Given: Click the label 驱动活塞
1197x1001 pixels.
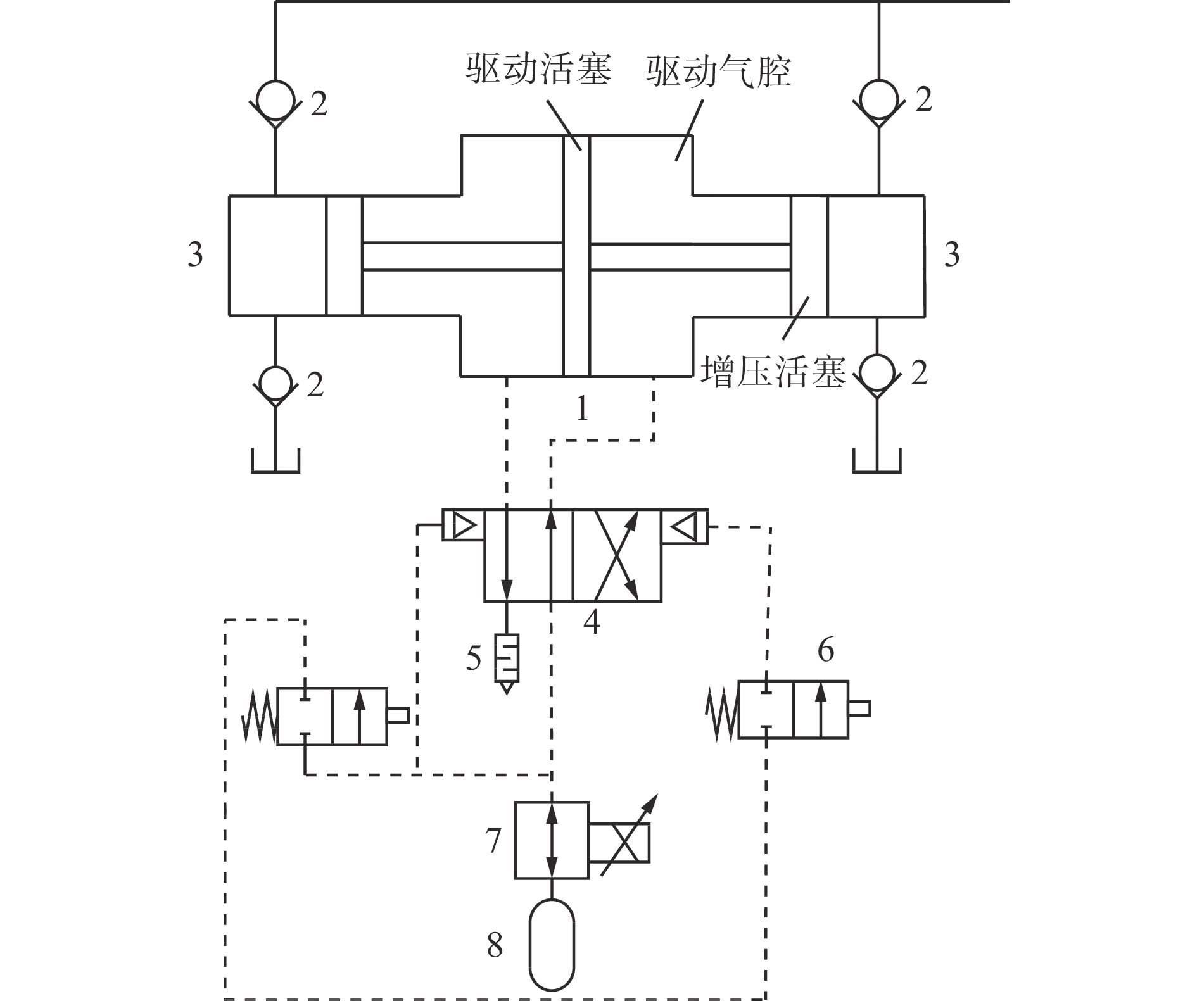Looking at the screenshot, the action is tap(538, 70).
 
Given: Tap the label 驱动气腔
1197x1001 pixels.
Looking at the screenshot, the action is tap(719, 70).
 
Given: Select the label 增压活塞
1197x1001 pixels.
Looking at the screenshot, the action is tap(773, 372).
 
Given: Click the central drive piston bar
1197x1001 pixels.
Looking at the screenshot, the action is tap(576, 255).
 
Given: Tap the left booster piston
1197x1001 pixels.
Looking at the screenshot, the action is tap(345, 255).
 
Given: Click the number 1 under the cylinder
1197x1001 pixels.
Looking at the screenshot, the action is tap(582, 409).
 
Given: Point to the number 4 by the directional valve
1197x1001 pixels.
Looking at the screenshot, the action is tap(592, 622).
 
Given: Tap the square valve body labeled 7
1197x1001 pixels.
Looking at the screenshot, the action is tap(552, 840).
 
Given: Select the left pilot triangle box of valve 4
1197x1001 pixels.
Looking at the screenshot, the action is tap(463, 525).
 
